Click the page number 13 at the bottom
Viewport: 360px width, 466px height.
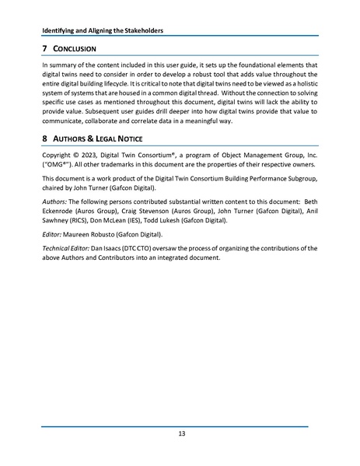coord(180,434)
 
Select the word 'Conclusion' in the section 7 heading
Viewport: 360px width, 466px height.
coord(75,50)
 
